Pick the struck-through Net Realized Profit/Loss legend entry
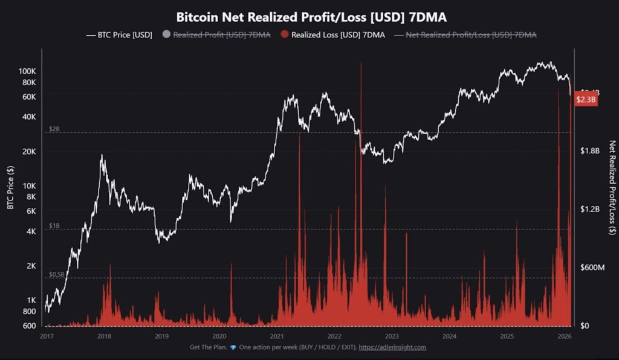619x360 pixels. (470, 34)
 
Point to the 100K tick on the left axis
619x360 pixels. (27, 71)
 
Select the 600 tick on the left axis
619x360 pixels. (30, 326)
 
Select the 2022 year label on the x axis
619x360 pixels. (334, 336)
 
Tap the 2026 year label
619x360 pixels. (564, 336)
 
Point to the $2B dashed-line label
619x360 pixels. (54, 130)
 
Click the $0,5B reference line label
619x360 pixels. (56, 274)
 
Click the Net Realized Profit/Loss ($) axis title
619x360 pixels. (611, 187)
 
